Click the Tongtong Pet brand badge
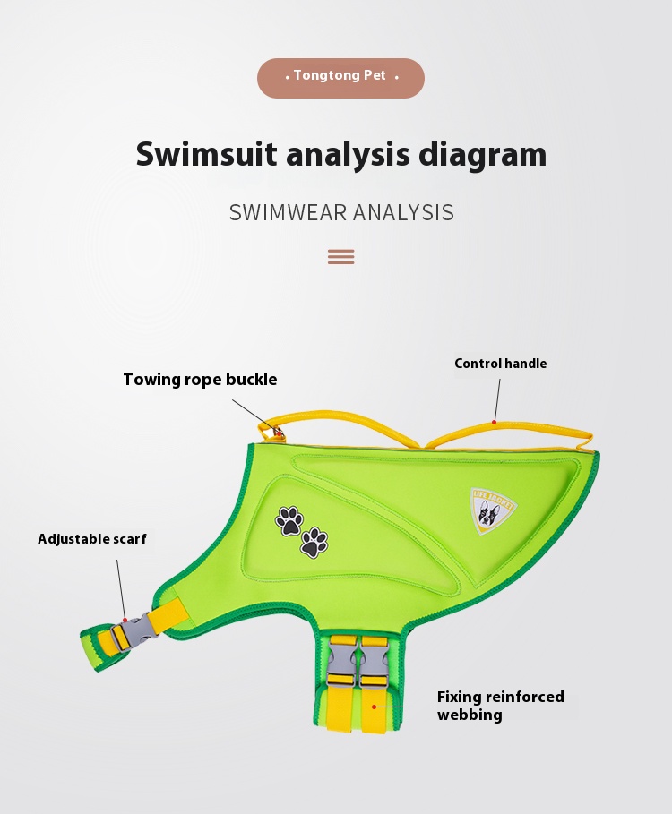340,78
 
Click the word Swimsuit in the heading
206,155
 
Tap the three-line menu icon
340,257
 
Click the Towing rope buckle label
200,380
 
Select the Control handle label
500,364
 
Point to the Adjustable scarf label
91,539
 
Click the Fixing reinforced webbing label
500,706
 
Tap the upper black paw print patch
289,520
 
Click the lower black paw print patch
314,543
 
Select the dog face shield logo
493,510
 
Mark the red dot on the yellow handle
494,421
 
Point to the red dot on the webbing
374,706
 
